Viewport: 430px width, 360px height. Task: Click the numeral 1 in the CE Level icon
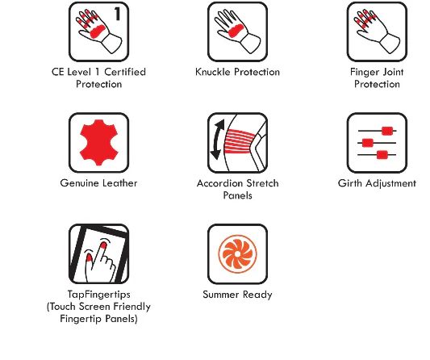click(x=117, y=14)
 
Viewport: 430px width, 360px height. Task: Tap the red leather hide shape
click(x=99, y=142)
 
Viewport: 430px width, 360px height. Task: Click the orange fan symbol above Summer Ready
click(x=237, y=254)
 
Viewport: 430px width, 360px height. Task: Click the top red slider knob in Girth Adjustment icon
click(x=387, y=131)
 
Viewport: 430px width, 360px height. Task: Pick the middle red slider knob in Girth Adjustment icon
click(x=368, y=143)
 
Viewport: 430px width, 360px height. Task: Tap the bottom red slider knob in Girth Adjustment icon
click(x=382, y=155)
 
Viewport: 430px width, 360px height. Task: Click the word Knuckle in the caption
click(x=212, y=72)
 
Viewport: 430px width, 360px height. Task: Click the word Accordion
click(x=220, y=183)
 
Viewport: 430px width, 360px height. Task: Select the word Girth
click(x=349, y=183)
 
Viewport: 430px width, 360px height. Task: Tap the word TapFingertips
click(x=99, y=295)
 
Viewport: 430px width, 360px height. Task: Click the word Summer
click(x=221, y=295)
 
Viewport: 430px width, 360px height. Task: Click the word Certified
click(x=125, y=72)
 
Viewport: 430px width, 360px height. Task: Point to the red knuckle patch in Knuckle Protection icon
click(x=236, y=30)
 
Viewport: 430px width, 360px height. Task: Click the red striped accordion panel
click(x=240, y=141)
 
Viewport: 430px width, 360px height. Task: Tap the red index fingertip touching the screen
click(x=103, y=245)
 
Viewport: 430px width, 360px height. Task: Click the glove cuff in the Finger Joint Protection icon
click(x=390, y=44)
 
